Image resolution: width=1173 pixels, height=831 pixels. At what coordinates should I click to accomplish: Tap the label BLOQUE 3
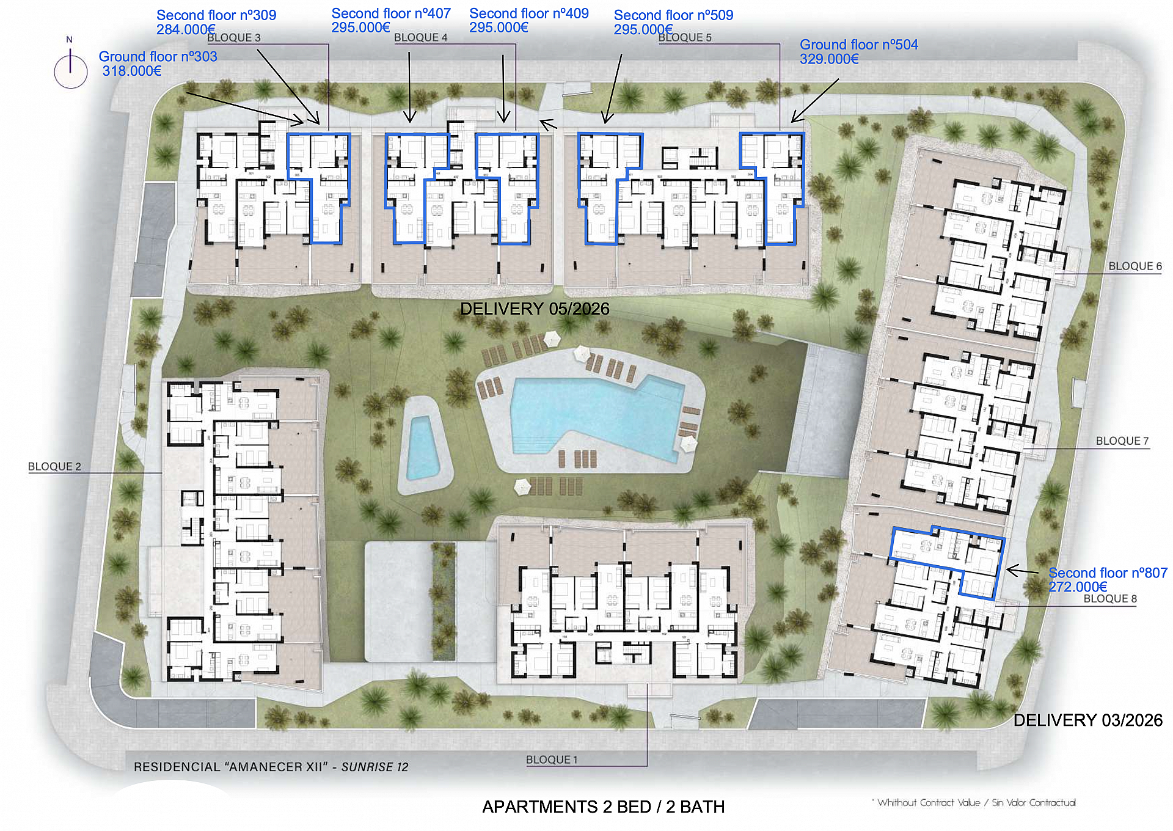[233, 38]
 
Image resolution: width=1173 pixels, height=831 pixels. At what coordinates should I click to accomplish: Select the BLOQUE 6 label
[1135, 266]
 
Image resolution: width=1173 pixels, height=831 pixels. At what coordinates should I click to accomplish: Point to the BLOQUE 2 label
[54, 467]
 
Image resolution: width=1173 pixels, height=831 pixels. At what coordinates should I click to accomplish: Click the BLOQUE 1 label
[551, 760]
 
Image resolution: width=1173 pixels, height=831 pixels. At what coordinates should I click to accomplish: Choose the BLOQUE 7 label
[1122, 441]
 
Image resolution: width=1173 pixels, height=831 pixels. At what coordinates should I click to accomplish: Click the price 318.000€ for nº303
[132, 71]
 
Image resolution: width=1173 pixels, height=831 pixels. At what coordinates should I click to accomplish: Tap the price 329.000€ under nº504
[829, 59]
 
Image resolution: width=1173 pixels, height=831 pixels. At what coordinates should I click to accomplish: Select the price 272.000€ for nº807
[1078, 587]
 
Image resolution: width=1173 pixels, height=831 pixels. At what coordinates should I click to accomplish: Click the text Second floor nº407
[391, 13]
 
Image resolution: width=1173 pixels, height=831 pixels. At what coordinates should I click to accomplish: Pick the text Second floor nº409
[528, 13]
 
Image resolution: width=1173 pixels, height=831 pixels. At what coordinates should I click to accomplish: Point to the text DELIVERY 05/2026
[535, 309]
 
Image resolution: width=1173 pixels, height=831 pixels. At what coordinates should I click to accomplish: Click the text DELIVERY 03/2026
[1087, 720]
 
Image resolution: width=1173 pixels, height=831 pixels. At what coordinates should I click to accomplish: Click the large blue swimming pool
[593, 416]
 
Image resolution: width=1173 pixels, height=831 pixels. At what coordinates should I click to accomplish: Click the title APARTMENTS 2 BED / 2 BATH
[603, 807]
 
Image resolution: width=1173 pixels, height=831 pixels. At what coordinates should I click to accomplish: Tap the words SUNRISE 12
[375, 767]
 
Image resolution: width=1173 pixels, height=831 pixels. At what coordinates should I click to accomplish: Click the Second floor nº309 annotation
[216, 15]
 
